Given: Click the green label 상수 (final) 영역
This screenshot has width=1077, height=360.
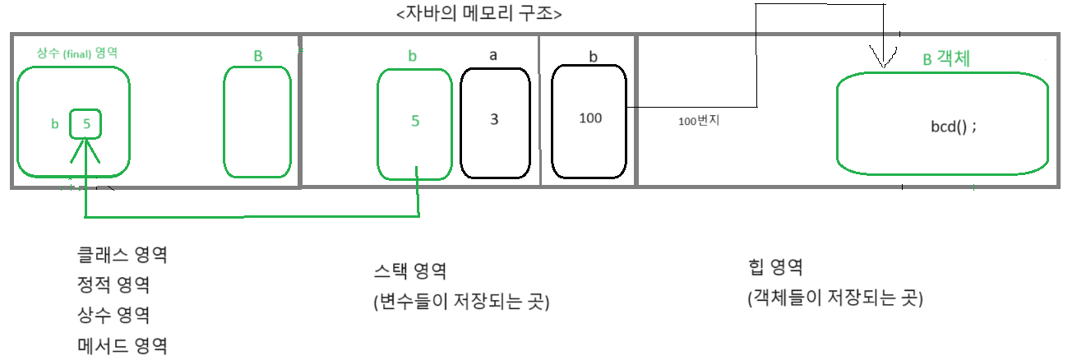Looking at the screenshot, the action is pos(77,52).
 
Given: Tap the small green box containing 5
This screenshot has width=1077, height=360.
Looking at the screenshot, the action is pos(86,124).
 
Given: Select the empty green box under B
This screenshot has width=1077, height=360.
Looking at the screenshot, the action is pos(257,122).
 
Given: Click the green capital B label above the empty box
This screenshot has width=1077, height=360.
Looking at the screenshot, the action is pos(257,56).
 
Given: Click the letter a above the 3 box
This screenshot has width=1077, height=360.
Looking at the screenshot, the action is pos(493,55).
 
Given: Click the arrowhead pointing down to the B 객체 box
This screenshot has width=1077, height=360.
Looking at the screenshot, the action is pos(881,60).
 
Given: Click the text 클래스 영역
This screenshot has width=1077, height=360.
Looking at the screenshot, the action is pos(120,254).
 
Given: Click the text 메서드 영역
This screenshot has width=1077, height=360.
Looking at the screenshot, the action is pos(120,345).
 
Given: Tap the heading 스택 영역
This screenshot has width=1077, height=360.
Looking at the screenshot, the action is pos(409,271).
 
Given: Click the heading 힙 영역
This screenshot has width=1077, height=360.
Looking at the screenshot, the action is pos(775,267).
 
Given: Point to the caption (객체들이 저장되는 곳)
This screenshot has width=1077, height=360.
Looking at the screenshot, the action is pos(835,298).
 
